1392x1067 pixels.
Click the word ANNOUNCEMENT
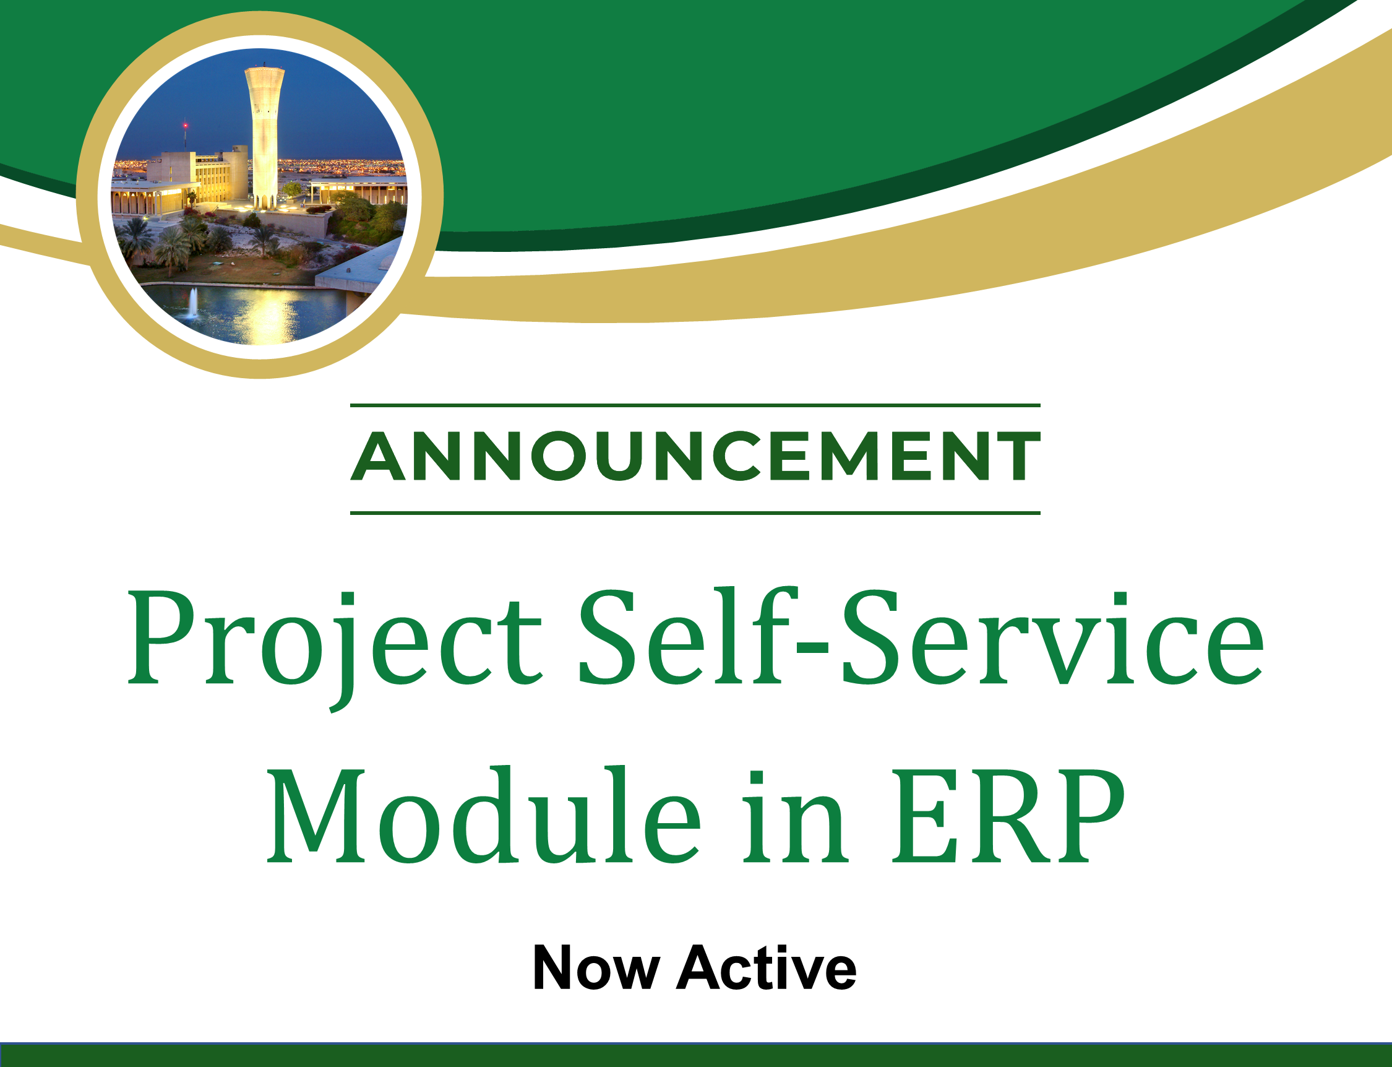(x=695, y=456)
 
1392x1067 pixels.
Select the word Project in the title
(x=335, y=648)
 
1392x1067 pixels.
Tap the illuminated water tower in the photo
(x=265, y=137)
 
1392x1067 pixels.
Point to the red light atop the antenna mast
(x=186, y=126)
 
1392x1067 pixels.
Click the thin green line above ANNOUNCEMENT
(x=695, y=405)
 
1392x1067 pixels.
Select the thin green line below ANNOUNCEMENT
(x=695, y=512)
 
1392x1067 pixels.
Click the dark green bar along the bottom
(x=695, y=1055)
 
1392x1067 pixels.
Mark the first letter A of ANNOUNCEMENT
(x=377, y=456)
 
